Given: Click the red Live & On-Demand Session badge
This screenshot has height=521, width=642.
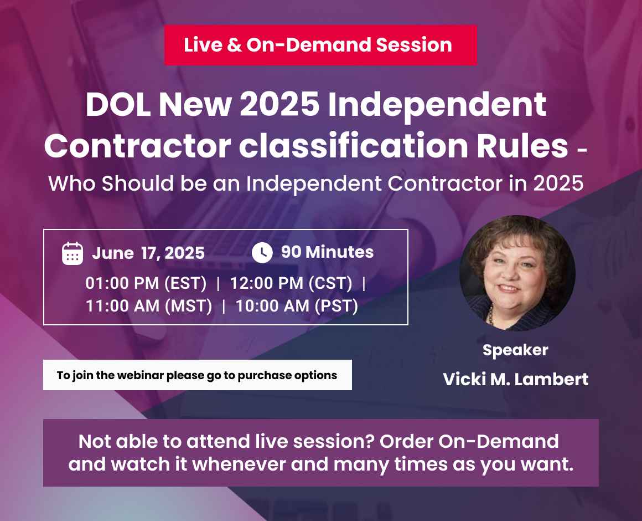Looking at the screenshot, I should pos(320,45).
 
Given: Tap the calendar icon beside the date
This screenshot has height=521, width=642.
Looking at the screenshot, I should pos(73,253).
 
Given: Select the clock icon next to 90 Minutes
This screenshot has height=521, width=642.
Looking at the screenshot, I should pos(262,253).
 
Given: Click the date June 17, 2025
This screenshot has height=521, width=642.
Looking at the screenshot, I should pos(148,253).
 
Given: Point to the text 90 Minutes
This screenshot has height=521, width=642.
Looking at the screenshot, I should pos(327,252).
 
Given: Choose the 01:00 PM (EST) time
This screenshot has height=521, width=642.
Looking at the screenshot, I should pos(146,284).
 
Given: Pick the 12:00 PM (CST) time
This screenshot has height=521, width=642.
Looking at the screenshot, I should pos(291,284).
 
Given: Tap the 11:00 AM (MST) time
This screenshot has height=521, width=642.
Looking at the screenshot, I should pos(149,306).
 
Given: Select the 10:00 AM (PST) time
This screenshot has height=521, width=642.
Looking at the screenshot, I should pos(297,306).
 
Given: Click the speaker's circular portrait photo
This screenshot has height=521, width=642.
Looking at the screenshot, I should pos(517,273).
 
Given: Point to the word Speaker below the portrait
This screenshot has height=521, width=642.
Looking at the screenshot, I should pos(515,350).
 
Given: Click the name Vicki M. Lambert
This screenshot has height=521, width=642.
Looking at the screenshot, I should pos(515,380).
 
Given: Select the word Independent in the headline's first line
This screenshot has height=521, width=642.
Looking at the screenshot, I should pos(437,105).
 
